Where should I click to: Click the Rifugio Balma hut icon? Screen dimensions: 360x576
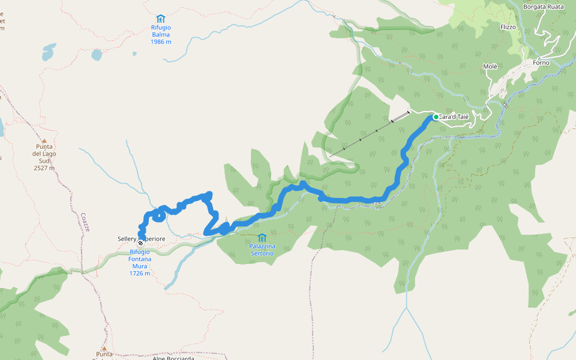pyautogui.click(x=160, y=19)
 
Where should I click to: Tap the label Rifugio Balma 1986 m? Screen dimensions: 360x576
pyautogui.click(x=161, y=34)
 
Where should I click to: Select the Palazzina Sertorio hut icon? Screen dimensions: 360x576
pyautogui.click(x=262, y=238)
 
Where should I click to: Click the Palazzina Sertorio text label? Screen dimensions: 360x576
pyautogui.click(x=262, y=250)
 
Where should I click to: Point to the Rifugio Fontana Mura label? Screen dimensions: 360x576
pyautogui.click(x=139, y=262)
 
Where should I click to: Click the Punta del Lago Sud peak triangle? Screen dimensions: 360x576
pyautogui.click(x=44, y=141)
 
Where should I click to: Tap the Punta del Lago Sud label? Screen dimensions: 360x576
pyautogui.click(x=44, y=157)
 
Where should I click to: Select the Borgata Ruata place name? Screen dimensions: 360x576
pyautogui.click(x=544, y=7)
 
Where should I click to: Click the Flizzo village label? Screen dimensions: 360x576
pyautogui.click(x=508, y=27)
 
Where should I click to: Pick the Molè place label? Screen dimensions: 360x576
pyautogui.click(x=490, y=66)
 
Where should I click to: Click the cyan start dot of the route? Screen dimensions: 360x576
pyautogui.click(x=436, y=117)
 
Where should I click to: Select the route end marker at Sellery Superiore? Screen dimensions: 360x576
pyautogui.click(x=140, y=244)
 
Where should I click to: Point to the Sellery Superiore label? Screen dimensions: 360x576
pyautogui.click(x=142, y=239)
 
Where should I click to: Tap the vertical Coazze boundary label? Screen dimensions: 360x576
pyautogui.click(x=85, y=222)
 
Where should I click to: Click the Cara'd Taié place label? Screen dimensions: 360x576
pyautogui.click(x=454, y=117)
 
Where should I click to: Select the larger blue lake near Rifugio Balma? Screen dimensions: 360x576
pyautogui.click(x=97, y=55)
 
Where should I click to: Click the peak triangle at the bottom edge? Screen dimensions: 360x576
pyautogui.click(x=104, y=348)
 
